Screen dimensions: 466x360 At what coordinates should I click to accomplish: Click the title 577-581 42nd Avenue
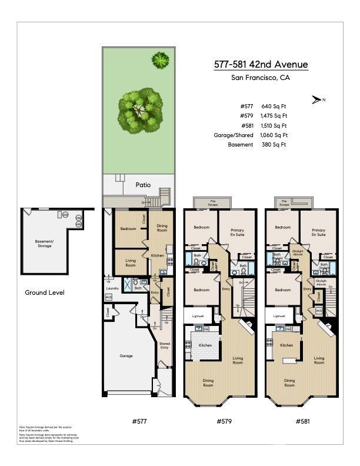tap(261, 65)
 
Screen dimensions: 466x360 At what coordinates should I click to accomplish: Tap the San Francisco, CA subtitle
tap(261, 78)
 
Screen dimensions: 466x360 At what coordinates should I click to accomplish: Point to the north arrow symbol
tap(317, 100)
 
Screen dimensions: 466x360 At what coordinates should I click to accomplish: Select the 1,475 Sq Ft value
tap(274, 116)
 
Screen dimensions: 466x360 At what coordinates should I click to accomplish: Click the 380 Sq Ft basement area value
tap(274, 144)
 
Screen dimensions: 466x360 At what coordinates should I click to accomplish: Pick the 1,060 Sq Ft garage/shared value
tap(274, 135)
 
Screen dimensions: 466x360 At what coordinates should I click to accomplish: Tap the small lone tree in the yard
tap(159, 59)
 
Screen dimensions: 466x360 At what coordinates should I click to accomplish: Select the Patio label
tap(143, 185)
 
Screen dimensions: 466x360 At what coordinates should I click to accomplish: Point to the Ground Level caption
tap(45, 292)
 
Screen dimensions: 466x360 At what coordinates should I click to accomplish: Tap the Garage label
tap(126, 356)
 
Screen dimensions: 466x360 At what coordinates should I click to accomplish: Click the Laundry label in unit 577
tap(112, 288)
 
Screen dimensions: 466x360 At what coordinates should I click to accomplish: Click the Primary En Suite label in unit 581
tap(318, 232)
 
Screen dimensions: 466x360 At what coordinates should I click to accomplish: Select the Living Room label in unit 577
tap(130, 263)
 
